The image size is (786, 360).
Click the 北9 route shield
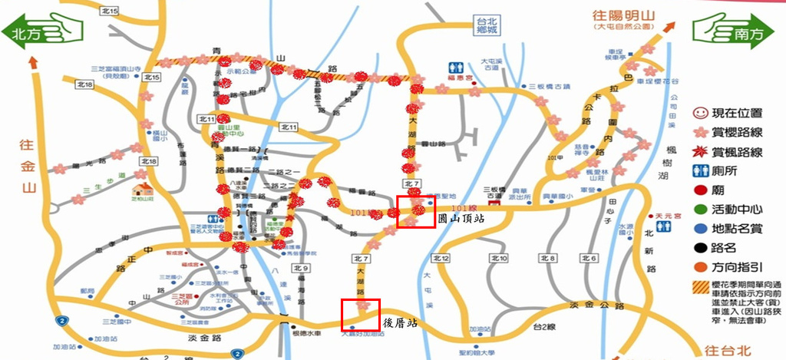tap(301, 269)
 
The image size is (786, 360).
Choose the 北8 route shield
tap(547, 258)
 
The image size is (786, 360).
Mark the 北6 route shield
tap(589, 258)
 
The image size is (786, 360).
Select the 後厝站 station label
tap(399, 323)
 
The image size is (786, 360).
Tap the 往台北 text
tap(735, 350)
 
